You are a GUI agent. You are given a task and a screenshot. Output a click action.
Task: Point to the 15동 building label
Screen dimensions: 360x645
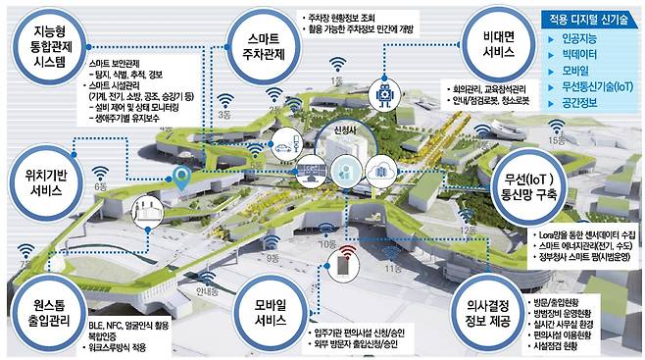click(x=558, y=141)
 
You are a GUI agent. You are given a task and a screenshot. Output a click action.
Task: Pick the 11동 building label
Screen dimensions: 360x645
click(x=393, y=266)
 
